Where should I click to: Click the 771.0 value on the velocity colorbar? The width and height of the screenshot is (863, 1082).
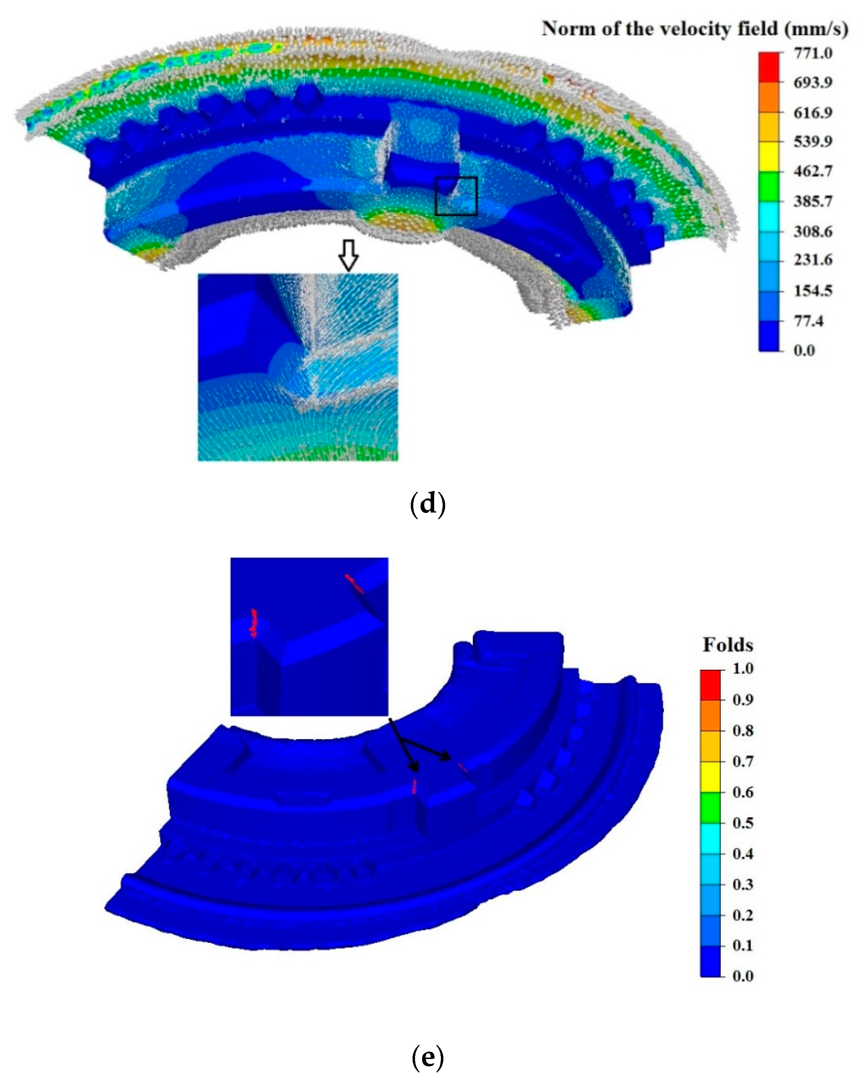(x=813, y=53)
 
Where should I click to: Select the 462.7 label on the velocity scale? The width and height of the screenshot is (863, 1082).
(x=813, y=171)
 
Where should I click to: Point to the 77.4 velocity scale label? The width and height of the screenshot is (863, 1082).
(x=808, y=320)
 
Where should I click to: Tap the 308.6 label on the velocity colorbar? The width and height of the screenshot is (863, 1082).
(x=813, y=231)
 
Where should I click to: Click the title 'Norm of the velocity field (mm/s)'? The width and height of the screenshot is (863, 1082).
(x=694, y=29)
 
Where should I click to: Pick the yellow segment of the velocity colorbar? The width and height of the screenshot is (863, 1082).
(x=769, y=157)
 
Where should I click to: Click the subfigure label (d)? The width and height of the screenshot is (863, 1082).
(x=427, y=504)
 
